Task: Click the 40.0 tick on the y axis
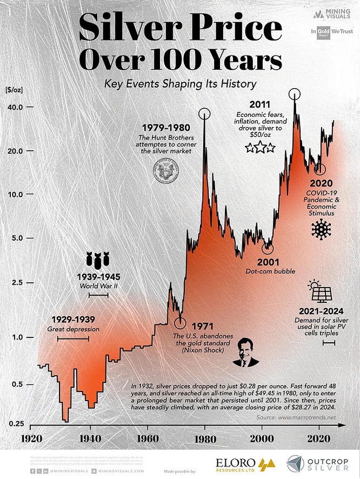14,108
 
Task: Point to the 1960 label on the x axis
147,437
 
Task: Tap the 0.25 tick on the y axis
14,423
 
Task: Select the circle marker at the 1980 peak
204,114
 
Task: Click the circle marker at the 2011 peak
295,93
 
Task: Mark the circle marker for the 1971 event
180,323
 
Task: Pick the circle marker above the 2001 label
268,248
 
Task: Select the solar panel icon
322,292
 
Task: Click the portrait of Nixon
245,352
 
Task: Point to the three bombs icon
98,260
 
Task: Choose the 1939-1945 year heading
99,277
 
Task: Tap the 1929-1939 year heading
74,319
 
